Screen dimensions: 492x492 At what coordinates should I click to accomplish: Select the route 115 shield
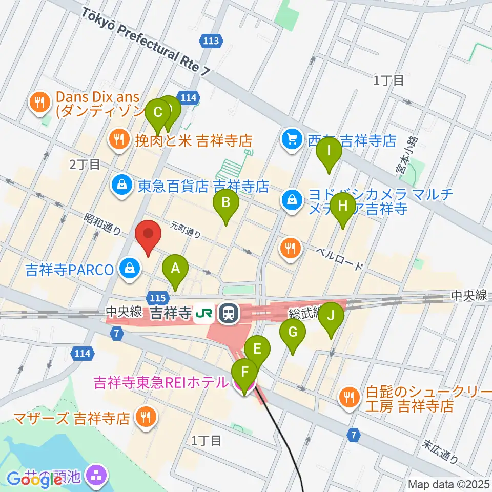pos(157,297)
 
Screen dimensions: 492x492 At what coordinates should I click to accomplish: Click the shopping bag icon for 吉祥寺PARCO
pos(130,268)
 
